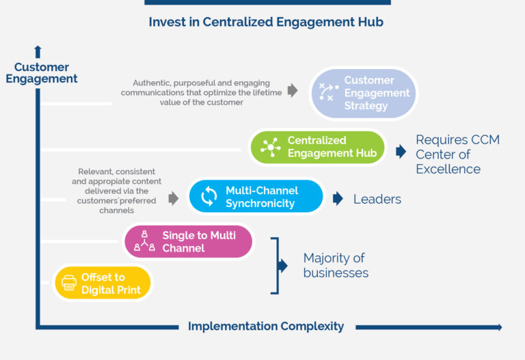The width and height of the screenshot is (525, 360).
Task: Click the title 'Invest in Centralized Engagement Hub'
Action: pos(266,22)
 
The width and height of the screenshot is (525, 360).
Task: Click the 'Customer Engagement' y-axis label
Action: pos(42,72)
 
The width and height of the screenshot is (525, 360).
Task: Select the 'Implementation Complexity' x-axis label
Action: pos(266,327)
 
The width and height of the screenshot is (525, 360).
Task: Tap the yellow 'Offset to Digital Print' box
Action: pos(103,283)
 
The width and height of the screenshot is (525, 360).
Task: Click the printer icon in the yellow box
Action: pos(69,283)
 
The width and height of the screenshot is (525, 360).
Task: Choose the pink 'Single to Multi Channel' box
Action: pos(188,242)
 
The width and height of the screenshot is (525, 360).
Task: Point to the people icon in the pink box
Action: pos(144,241)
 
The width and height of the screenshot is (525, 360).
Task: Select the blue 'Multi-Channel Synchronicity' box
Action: pos(255,197)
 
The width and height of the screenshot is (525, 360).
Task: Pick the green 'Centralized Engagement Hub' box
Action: pos(317,147)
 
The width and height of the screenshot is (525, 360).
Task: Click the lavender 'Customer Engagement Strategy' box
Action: pos(363,93)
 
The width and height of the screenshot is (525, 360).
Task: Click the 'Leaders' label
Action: pos(377,199)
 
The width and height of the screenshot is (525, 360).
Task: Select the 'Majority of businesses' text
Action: pos(336,266)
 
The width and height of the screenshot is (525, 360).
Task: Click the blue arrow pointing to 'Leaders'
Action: pos(338,199)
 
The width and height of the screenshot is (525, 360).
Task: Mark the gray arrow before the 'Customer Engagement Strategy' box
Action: pos(293,90)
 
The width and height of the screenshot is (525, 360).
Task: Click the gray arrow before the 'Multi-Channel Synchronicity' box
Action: pos(174,198)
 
